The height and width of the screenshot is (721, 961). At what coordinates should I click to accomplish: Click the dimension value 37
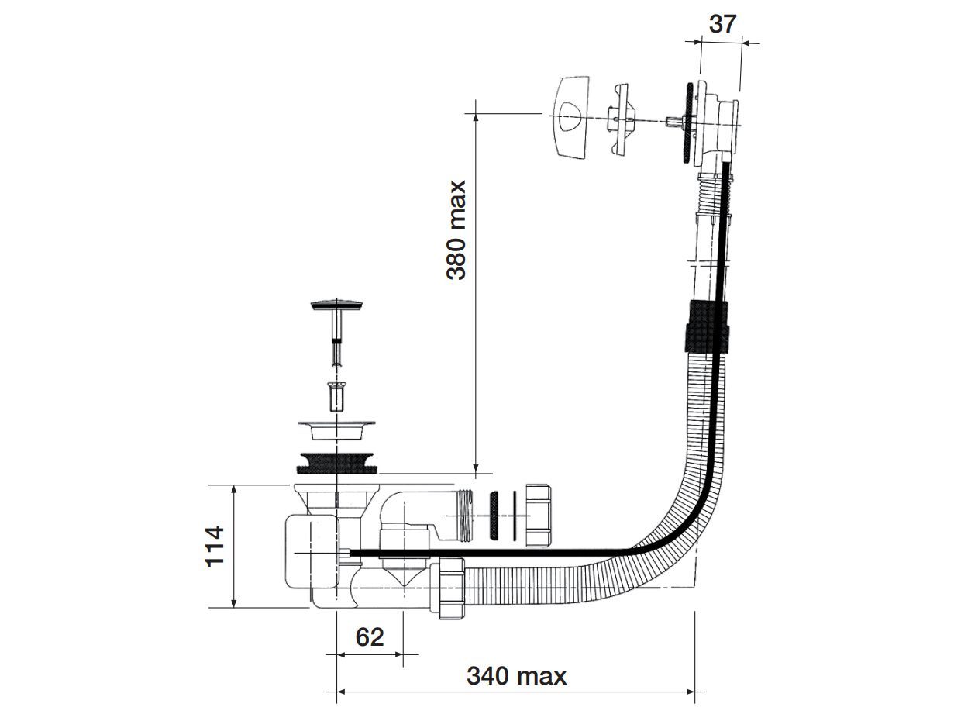click(722, 23)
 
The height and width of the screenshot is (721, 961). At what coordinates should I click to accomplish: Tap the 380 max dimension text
click(456, 229)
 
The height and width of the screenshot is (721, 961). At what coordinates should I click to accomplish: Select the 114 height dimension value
click(215, 546)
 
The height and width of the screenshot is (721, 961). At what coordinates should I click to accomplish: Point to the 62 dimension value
click(370, 636)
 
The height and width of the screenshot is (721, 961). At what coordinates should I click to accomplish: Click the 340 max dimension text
click(516, 676)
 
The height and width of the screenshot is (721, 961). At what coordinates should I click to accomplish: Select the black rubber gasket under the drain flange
click(337, 461)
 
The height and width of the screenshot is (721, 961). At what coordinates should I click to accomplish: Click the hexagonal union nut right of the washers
click(538, 516)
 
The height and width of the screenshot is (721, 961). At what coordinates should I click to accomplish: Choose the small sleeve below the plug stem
click(336, 396)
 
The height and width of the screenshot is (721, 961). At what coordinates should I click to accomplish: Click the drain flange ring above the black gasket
click(337, 428)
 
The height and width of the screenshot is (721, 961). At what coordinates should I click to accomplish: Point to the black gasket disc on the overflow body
click(687, 123)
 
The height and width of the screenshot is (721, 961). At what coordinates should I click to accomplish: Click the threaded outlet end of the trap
click(463, 516)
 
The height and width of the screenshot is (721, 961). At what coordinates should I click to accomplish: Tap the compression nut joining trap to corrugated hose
click(449, 587)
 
